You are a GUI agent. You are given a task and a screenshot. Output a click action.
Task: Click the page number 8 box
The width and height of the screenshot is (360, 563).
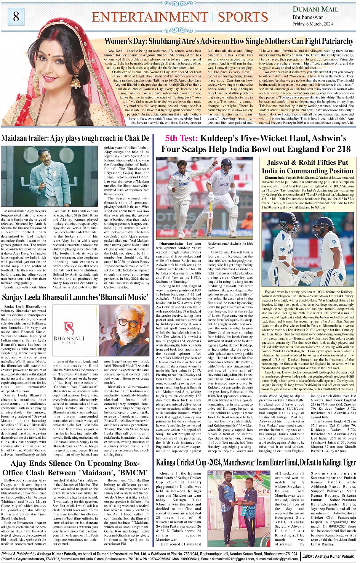[16, 16]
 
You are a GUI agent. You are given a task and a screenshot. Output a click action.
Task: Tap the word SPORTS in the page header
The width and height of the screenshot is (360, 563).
[243, 17]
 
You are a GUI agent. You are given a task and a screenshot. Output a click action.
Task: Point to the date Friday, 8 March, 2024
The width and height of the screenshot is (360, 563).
[312, 24]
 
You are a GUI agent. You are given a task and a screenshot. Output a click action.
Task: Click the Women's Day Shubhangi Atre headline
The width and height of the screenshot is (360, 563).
[229, 41]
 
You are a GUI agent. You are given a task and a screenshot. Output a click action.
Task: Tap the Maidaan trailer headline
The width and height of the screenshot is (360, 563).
[75, 138]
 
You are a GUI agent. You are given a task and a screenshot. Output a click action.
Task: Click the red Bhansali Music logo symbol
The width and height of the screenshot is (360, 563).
[69, 328]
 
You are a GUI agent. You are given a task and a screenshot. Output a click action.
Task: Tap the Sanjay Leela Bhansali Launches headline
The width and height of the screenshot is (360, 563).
[75, 297]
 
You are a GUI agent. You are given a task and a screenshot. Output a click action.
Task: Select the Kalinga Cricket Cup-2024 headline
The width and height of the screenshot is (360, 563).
[256, 463]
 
